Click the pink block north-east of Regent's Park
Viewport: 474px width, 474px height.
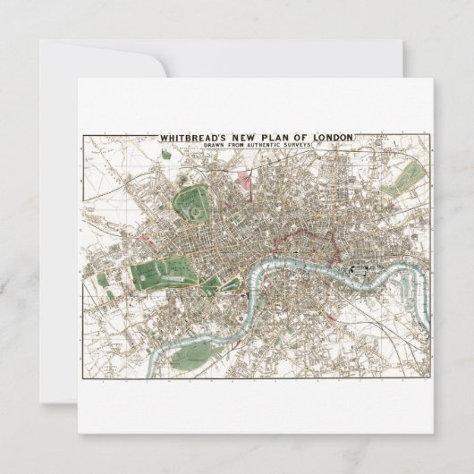point(242,184)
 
